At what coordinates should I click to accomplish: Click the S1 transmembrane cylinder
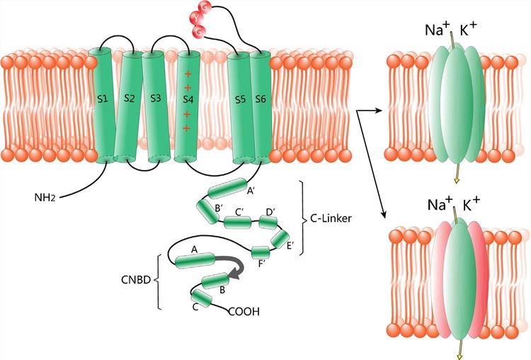103,103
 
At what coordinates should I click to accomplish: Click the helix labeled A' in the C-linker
226,189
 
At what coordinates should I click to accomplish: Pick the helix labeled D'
268,223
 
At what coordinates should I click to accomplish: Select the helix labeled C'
238,223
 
